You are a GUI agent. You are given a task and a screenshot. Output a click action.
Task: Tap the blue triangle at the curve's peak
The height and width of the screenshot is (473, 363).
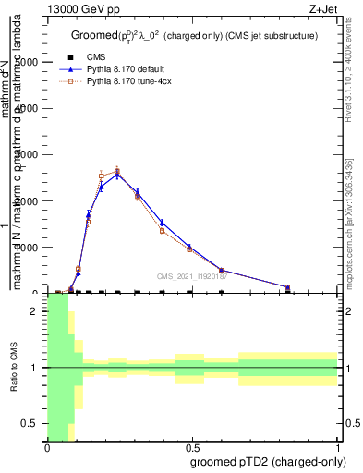tap(117, 174)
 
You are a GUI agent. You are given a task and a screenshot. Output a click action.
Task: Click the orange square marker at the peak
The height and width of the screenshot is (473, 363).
tap(117, 170)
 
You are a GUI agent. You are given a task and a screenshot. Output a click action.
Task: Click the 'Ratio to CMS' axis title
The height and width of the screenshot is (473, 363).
tap(14, 367)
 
